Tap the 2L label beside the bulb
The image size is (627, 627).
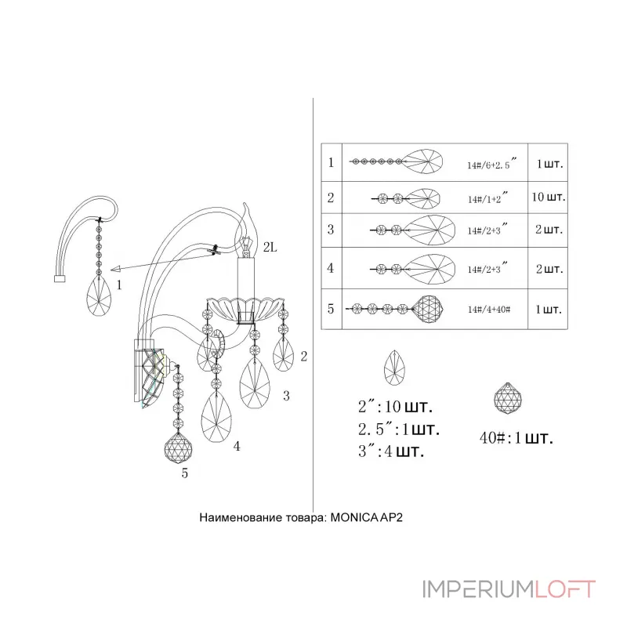point(270,248)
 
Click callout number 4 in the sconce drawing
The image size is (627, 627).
point(237,446)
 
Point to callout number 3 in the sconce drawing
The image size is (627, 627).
point(286,396)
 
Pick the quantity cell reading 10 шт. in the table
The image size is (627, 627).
point(548,198)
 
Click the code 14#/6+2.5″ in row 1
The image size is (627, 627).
point(492,164)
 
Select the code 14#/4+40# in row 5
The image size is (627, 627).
point(489,309)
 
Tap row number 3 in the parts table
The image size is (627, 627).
point(331,230)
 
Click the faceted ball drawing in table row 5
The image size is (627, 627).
point(428,309)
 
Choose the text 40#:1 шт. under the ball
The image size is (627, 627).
point(516,438)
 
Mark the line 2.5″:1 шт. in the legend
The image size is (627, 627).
point(399,429)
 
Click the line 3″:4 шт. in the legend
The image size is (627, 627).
point(390,451)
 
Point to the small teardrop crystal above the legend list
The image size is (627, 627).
point(394,368)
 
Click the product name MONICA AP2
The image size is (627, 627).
point(366,517)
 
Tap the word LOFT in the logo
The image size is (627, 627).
point(564,589)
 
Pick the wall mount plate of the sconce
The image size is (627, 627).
point(144,370)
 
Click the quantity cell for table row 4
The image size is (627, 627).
point(548,268)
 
